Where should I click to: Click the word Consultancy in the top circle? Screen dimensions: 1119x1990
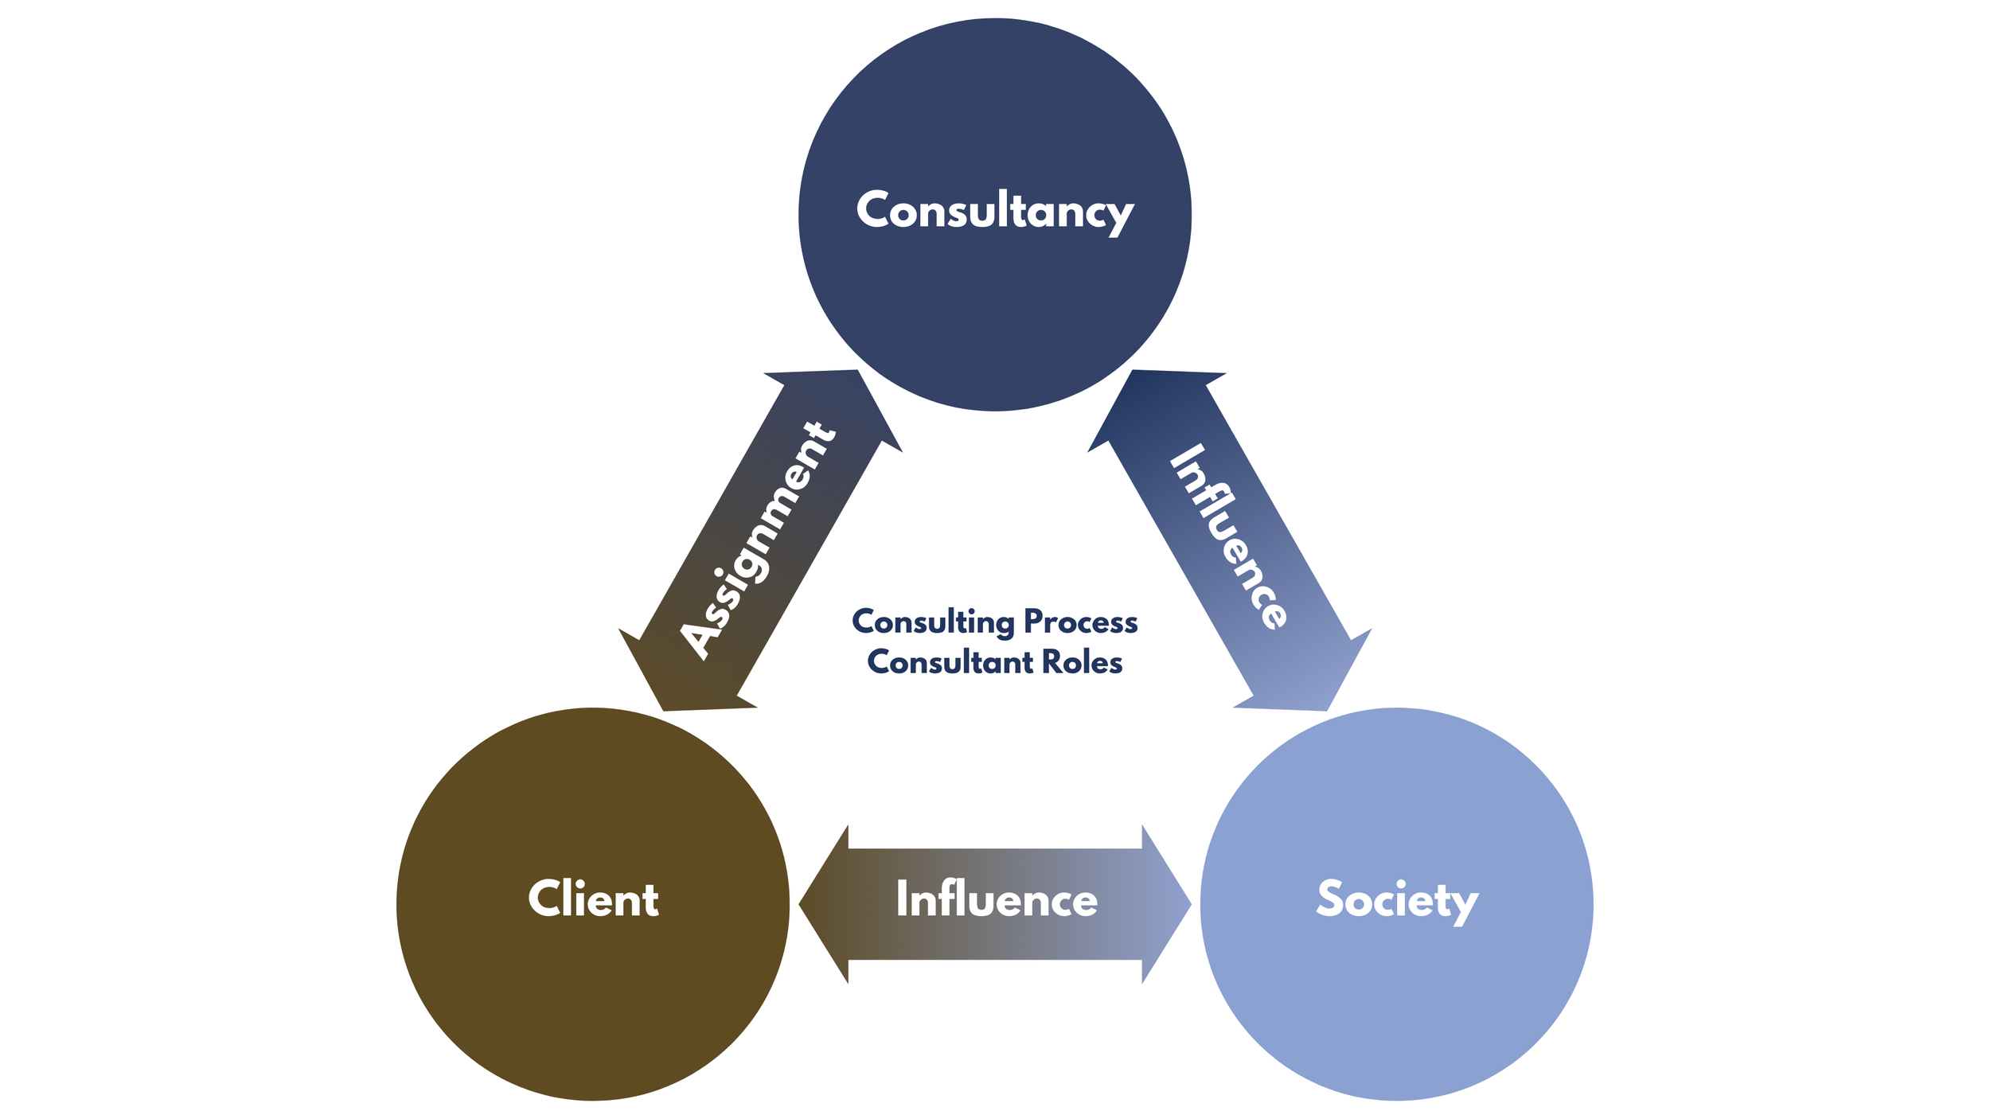pos(994,211)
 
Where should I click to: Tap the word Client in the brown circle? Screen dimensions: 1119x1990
pos(593,899)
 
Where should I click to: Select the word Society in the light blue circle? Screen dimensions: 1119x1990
pos(1397,899)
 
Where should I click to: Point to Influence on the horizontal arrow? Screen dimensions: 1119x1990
pos(997,899)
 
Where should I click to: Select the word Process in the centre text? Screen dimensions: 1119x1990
pos(1080,622)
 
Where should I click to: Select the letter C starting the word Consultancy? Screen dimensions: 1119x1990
pos(872,209)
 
